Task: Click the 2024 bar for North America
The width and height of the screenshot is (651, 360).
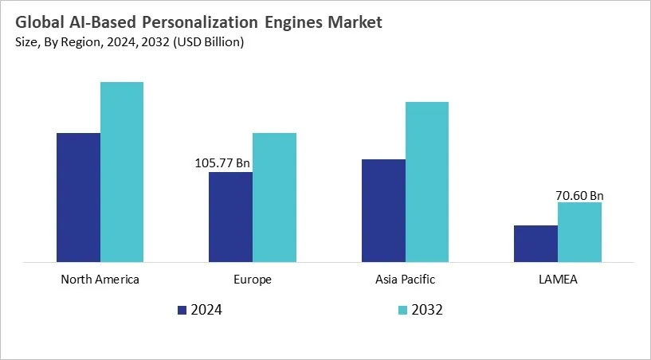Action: coord(78,197)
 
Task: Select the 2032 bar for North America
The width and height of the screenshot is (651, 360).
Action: coord(122,171)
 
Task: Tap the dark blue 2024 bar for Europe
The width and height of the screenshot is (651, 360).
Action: coord(230,217)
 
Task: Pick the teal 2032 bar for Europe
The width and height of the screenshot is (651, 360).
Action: coord(274,197)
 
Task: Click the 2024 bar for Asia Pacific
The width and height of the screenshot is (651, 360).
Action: coord(383,210)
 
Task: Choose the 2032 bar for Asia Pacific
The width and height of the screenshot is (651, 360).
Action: coord(427,182)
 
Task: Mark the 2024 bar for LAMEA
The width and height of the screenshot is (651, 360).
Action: coord(535,243)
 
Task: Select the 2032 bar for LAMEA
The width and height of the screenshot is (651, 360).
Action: coord(579,232)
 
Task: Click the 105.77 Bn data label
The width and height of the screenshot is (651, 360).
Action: coord(222,163)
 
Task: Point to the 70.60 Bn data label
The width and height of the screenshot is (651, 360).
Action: coord(579,194)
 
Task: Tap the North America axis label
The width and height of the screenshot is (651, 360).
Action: coord(100,280)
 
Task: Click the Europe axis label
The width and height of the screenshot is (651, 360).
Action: coord(253,280)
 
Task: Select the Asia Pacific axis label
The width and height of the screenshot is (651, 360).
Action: coord(405,280)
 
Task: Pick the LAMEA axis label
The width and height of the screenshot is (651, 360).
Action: coord(558,280)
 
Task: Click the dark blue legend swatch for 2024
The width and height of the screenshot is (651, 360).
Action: coord(181,310)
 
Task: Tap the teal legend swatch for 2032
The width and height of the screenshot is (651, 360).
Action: coord(402,310)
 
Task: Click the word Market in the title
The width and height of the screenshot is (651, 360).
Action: coord(355,22)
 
